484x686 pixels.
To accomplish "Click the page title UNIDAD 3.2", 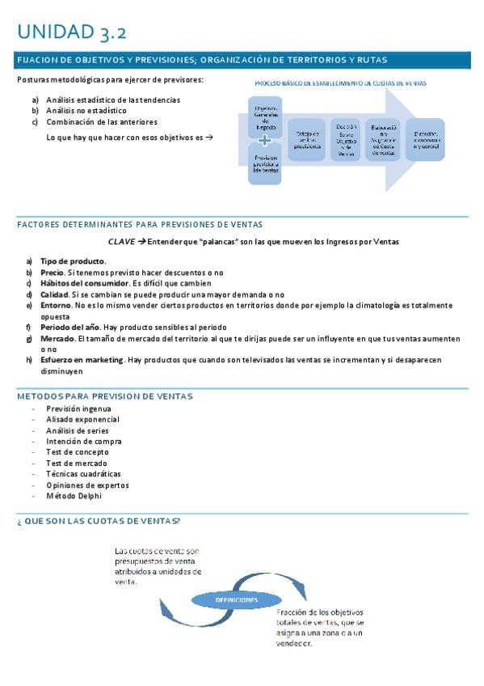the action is (x=71, y=32).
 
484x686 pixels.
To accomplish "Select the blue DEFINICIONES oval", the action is (x=236, y=600).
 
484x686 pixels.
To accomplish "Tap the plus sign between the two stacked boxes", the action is (x=265, y=138).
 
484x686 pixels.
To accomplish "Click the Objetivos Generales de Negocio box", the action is (x=265, y=117).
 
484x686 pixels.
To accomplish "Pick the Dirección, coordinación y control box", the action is (x=425, y=139).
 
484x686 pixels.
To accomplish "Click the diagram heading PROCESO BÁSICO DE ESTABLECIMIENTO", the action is (x=340, y=83).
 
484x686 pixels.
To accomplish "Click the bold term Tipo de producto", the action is (x=73, y=261).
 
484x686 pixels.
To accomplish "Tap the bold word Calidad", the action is (x=56, y=294).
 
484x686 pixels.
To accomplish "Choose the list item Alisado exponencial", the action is (x=82, y=420).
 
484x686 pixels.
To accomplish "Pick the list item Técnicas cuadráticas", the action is (x=83, y=474).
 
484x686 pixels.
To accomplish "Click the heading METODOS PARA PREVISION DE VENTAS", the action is (x=104, y=396).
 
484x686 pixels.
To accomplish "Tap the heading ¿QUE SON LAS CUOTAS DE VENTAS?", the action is (x=98, y=520).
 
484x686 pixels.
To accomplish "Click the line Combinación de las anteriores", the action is (x=101, y=122).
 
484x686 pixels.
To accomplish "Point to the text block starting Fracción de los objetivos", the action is (x=320, y=628).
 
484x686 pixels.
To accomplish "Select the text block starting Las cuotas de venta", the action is (x=158, y=565).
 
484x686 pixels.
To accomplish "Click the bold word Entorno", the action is (x=56, y=306).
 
